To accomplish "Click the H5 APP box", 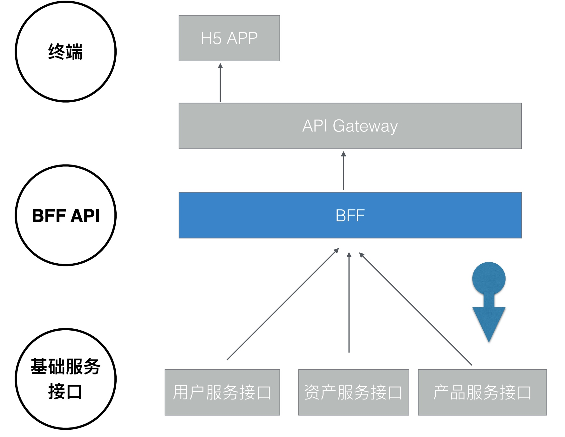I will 229,38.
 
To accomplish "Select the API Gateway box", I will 350,126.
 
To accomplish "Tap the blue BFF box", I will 350,215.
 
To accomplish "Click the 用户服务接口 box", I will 222,392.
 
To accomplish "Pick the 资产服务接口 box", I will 353,392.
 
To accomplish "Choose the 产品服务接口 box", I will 482,392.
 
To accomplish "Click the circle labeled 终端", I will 66,51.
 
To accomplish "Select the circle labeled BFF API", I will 66,215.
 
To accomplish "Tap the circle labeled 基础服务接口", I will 66,379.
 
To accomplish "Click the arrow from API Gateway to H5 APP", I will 220,83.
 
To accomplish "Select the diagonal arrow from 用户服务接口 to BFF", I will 283,304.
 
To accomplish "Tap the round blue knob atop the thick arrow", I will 489,279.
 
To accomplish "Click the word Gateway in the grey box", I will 365,126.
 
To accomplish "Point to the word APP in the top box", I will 242,38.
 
